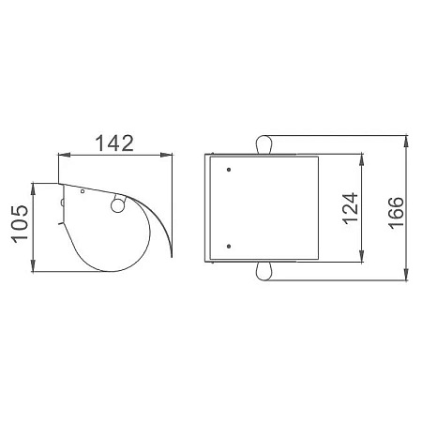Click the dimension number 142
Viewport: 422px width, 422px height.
click(x=114, y=143)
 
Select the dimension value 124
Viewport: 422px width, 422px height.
click(x=350, y=208)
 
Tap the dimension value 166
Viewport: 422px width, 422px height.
click(x=396, y=213)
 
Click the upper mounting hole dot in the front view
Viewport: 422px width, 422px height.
click(x=229, y=170)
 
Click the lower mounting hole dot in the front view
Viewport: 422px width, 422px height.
click(x=229, y=247)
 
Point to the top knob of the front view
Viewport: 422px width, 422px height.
click(x=264, y=144)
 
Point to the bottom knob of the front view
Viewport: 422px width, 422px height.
click(x=264, y=271)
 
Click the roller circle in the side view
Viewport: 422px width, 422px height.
click(x=117, y=206)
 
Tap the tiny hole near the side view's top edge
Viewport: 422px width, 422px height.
click(x=83, y=191)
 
